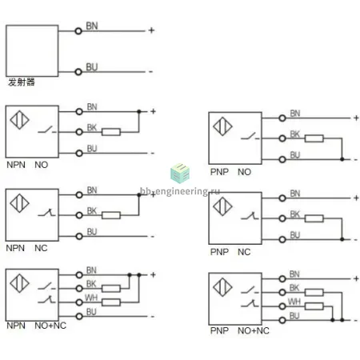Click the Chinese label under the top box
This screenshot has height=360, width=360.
coord(22,82)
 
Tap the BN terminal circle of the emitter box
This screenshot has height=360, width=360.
coord(78,31)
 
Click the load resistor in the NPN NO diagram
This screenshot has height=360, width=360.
coord(111,132)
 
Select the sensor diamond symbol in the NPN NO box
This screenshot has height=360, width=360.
coord(19,120)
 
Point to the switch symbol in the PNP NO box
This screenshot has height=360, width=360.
coord(250,137)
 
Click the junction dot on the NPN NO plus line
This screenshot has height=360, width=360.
coord(139,111)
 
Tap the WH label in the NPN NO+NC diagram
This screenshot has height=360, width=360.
coord(91,298)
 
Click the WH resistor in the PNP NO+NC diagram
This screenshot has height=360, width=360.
coord(314,306)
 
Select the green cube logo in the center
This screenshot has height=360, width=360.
coord(180,174)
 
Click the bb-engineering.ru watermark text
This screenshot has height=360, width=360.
coord(180,191)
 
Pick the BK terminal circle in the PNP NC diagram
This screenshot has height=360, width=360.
coord(282,218)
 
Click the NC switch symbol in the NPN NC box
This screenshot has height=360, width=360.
coord(46,213)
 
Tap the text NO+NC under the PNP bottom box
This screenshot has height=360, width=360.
coord(254,330)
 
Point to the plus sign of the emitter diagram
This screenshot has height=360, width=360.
coord(151,30)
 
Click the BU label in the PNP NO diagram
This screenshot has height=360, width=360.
coord(295,155)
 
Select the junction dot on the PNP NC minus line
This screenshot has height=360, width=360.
coord(342,239)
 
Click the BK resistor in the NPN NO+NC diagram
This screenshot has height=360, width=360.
coord(111,288)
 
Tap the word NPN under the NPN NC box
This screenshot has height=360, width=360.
coord(15,248)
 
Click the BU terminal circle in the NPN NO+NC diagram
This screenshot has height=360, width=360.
coord(79,317)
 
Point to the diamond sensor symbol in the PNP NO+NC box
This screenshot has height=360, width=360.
coord(222,287)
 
